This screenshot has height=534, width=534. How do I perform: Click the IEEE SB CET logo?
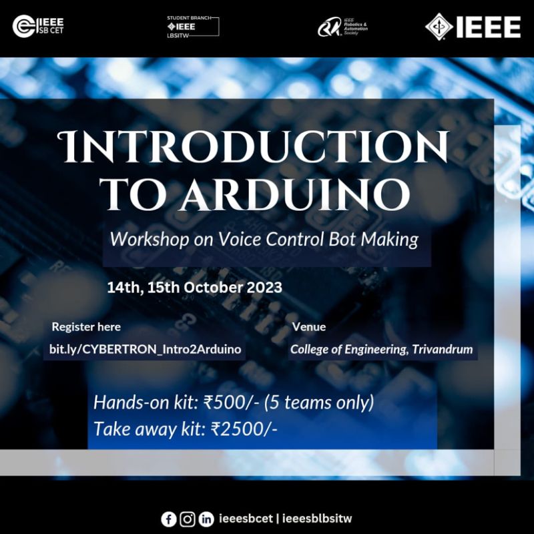(38, 26)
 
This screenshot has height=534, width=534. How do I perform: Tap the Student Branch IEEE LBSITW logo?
(193, 27)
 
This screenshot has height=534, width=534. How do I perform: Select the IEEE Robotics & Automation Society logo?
(342, 27)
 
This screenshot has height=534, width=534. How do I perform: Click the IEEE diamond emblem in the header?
(439, 27)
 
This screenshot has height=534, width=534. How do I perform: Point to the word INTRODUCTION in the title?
(253, 146)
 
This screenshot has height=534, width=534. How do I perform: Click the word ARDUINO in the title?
(295, 194)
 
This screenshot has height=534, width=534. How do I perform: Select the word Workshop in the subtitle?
(149, 240)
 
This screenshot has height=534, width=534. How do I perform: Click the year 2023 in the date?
(264, 288)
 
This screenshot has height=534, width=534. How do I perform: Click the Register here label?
(86, 327)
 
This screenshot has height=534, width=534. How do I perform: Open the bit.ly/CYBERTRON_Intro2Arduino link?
(145, 349)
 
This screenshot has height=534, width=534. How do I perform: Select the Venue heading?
(309, 327)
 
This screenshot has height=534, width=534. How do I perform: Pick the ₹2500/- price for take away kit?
(244, 429)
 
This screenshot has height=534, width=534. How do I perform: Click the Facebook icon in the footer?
(169, 519)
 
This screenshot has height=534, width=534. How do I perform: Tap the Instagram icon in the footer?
(188, 519)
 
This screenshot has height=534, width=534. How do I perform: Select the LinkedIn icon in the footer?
(206, 519)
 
